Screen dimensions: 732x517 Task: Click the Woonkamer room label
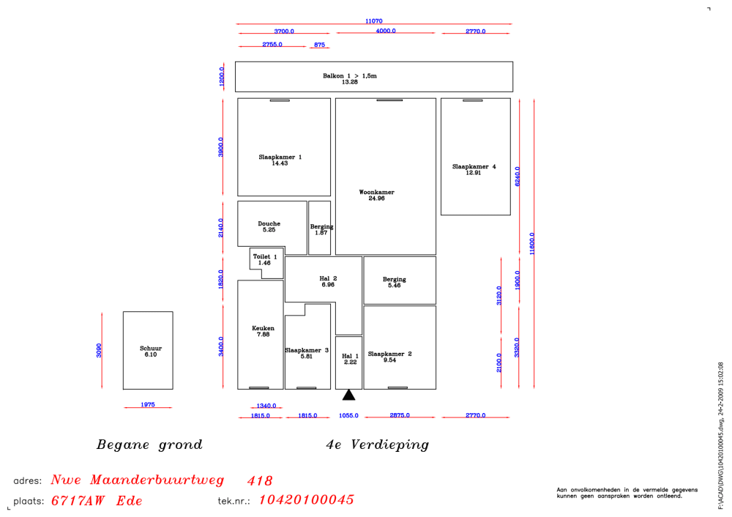pyautogui.click(x=376, y=192)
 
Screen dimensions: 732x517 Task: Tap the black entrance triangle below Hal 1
pyautogui.click(x=348, y=395)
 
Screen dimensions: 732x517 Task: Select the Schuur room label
pyautogui.click(x=151, y=348)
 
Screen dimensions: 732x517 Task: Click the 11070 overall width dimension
pyautogui.click(x=374, y=21)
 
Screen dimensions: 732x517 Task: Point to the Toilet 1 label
pyautogui.click(x=265, y=256)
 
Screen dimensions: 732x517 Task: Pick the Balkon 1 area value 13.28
pyautogui.click(x=350, y=82)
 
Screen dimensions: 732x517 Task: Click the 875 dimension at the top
pyautogui.click(x=319, y=45)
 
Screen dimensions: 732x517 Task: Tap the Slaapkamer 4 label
pyautogui.click(x=474, y=166)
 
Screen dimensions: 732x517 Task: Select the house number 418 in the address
pyautogui.click(x=260, y=480)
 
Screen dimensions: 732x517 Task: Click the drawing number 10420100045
pyautogui.click(x=306, y=499)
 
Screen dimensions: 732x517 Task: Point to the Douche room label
pyautogui.click(x=269, y=223)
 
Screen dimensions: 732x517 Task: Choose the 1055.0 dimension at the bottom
pyautogui.click(x=348, y=415)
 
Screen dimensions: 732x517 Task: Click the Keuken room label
pyautogui.click(x=263, y=328)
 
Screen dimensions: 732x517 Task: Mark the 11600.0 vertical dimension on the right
pyautogui.click(x=531, y=243)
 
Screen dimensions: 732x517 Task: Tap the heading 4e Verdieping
pyautogui.click(x=377, y=445)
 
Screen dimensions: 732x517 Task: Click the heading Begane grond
pyautogui.click(x=149, y=445)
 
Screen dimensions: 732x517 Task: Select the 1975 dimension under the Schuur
pyautogui.click(x=148, y=404)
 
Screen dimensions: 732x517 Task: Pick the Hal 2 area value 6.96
pyautogui.click(x=328, y=284)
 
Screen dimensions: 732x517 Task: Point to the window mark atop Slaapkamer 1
pyautogui.click(x=280, y=100)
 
